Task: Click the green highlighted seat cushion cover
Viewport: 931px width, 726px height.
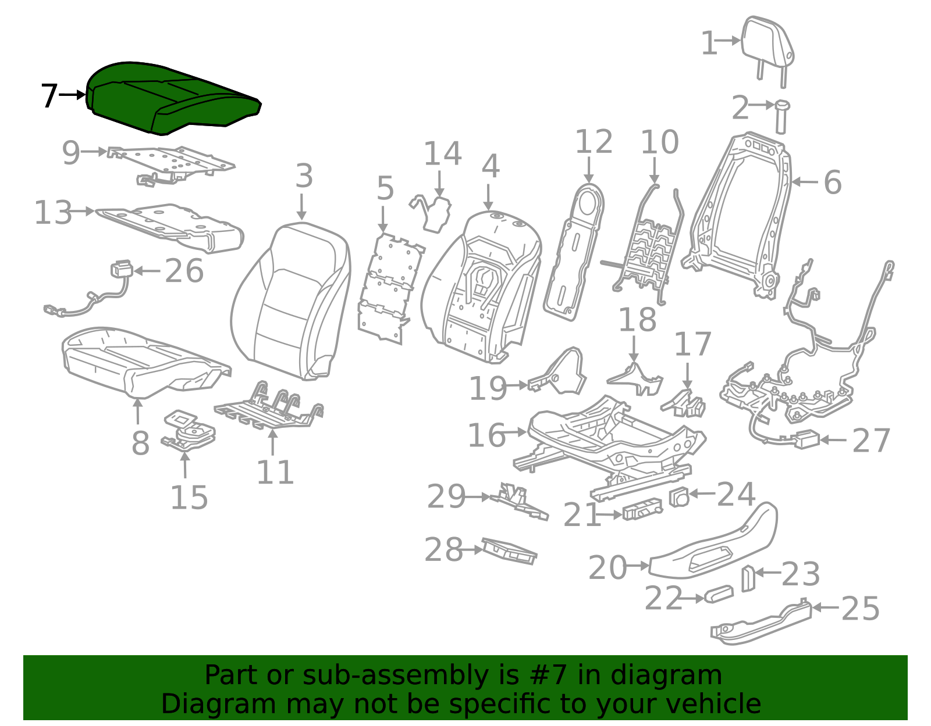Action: [x=172, y=98]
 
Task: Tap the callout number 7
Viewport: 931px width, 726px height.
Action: [x=49, y=96]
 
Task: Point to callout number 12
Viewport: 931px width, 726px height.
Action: [x=594, y=142]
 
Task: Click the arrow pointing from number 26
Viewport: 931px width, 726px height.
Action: [x=147, y=271]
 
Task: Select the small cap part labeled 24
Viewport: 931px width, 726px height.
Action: [x=679, y=497]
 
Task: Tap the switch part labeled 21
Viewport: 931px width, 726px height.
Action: [x=642, y=509]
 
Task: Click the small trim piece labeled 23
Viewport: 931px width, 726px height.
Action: [x=748, y=578]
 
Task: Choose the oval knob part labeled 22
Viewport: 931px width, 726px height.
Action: [x=719, y=594]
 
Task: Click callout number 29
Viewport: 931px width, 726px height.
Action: [x=446, y=496]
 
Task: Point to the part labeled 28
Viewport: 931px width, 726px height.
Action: [x=509, y=551]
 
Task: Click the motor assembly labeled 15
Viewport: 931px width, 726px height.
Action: [x=189, y=431]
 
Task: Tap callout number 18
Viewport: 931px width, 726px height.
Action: [x=637, y=320]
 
